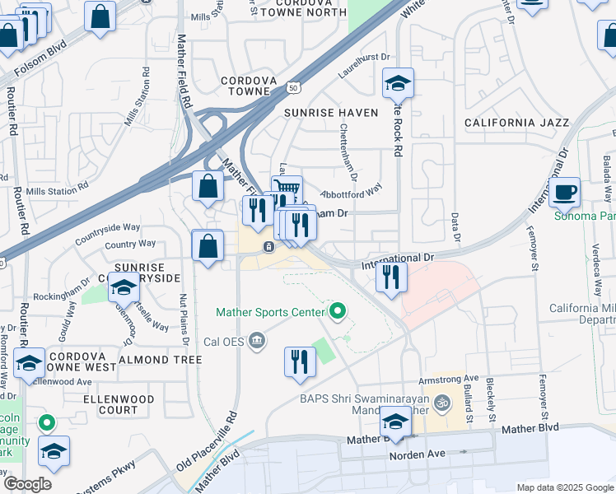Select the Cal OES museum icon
pyautogui.click(x=258, y=340)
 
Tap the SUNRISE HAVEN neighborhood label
pyautogui.click(x=331, y=112)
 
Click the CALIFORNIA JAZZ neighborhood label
pyautogui.click(x=516, y=123)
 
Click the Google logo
pyautogui.click(x=27, y=483)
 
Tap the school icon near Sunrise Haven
pyautogui.click(x=398, y=83)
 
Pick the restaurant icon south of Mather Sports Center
pyautogui.click(x=300, y=361)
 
